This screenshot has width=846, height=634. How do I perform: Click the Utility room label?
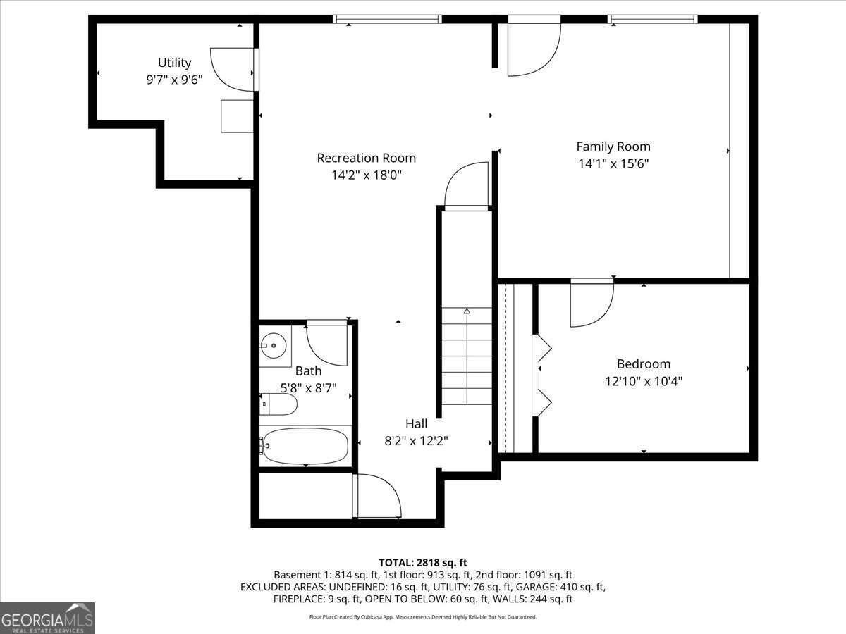point(174,63)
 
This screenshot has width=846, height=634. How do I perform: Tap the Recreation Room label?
point(366,158)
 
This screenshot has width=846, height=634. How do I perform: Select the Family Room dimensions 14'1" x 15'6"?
point(613,163)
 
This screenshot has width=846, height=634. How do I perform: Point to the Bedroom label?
point(643,363)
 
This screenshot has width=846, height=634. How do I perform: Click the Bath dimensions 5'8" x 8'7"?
point(308,387)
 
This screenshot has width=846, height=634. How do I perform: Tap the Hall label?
point(416,423)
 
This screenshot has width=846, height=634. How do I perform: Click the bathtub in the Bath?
point(305,446)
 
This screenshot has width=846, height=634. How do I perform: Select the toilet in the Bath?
point(280,404)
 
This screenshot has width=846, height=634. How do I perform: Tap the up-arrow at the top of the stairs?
point(467,311)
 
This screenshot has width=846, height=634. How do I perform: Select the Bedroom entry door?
point(591,303)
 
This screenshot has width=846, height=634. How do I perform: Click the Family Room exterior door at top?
point(533,46)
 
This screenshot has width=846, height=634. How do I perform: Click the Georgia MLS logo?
point(47,618)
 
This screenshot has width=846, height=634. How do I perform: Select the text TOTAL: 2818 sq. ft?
point(423,562)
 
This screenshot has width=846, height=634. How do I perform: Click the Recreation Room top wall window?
point(387,20)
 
